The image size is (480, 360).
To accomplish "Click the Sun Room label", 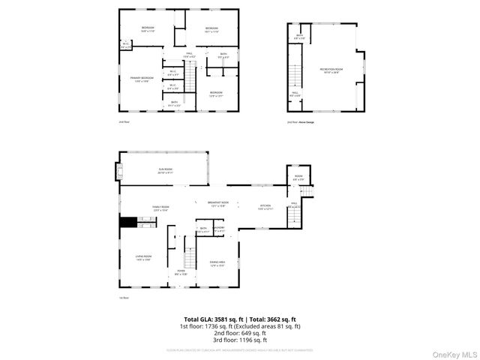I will click(x=165, y=171).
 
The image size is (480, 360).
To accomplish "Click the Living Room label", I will click(x=144, y=258).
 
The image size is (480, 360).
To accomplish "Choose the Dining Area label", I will click(x=217, y=262).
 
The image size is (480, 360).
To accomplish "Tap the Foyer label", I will click(x=181, y=272).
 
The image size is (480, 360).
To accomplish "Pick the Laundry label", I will click(x=218, y=229).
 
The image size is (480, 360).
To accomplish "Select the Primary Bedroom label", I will click(x=141, y=79).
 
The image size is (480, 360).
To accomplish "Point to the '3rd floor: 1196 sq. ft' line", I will click(x=240, y=340).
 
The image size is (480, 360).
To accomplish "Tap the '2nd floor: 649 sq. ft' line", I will click(x=240, y=333).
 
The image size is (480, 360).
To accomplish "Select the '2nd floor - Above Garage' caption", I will click(x=301, y=122).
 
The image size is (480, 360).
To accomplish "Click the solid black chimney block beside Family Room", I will click(x=128, y=221).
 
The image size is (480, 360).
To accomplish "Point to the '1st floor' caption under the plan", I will click(x=123, y=298).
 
